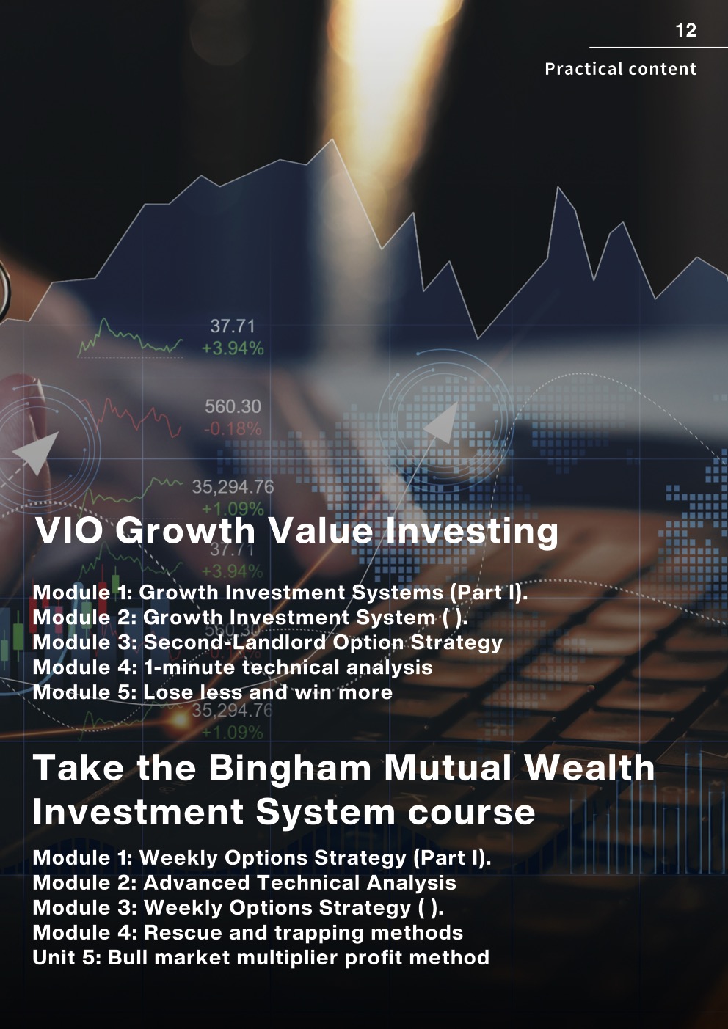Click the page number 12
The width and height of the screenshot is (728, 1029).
(685, 30)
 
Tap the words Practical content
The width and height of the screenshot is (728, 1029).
(620, 69)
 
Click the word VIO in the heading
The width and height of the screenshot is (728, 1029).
(70, 530)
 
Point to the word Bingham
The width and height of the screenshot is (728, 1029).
(290, 769)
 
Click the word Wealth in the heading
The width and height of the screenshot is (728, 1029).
(589, 767)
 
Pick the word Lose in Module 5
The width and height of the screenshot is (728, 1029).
(167, 692)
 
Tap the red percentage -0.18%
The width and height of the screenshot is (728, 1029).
(232, 429)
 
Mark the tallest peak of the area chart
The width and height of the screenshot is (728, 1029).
(332, 139)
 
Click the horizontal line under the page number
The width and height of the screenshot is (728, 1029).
(658, 48)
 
